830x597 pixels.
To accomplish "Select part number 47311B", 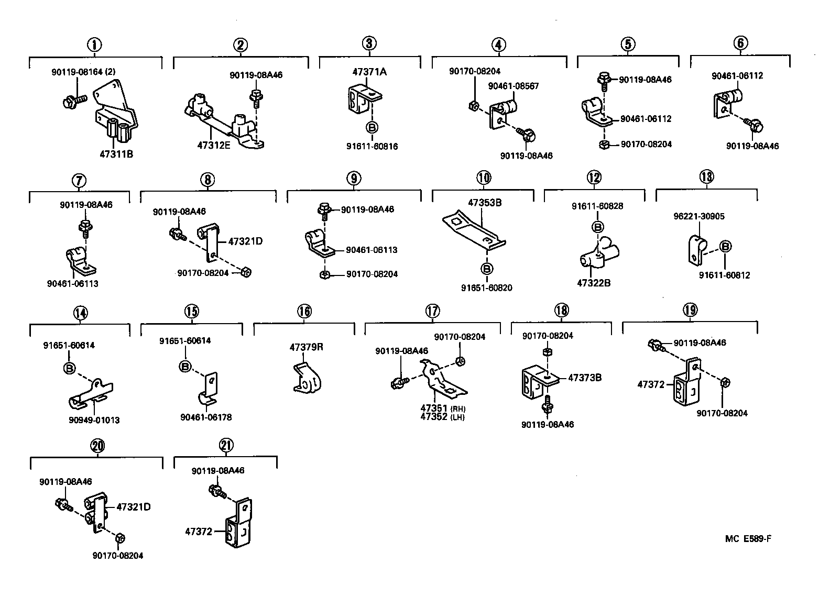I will click(x=116, y=154).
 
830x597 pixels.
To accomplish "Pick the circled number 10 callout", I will click(x=484, y=178).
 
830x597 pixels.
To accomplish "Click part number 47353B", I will click(x=485, y=202).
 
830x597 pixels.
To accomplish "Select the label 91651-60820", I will click(x=486, y=288).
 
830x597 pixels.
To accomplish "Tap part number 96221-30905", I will click(x=699, y=216).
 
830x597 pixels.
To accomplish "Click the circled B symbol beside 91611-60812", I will click(x=725, y=247).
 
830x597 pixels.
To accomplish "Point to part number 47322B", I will click(x=594, y=283).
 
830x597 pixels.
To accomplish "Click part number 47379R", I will click(x=307, y=347).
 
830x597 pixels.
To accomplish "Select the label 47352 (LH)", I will click(x=442, y=417).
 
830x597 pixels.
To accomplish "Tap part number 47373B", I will click(x=585, y=377).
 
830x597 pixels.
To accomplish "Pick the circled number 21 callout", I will click(x=226, y=446).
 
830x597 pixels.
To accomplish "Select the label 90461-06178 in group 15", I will click(x=205, y=417).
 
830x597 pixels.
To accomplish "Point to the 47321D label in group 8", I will click(x=245, y=241).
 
